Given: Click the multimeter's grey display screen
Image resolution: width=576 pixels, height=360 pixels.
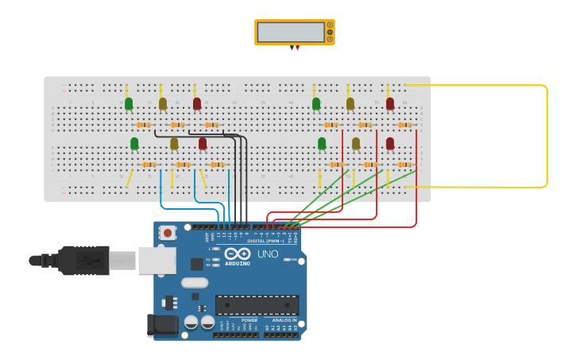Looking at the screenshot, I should click(x=290, y=32).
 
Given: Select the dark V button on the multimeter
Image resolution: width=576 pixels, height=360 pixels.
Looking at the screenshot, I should click(x=330, y=32).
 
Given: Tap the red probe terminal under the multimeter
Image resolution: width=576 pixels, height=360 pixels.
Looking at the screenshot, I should click(x=297, y=48).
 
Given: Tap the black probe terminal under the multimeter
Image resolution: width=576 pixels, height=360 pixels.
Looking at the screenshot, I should click(x=292, y=48).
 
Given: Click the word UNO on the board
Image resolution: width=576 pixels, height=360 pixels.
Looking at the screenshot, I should click(x=268, y=254).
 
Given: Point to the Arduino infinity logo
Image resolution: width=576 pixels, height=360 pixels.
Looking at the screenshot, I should click(x=238, y=254).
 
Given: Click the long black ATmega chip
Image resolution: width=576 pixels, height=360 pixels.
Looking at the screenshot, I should click(x=257, y=305).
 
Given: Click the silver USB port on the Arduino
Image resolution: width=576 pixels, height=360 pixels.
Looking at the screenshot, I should click(x=157, y=260).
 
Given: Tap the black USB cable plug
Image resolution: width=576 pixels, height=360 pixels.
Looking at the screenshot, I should click(x=83, y=260).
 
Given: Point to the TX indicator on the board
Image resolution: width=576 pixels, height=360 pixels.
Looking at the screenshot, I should click(x=215, y=259).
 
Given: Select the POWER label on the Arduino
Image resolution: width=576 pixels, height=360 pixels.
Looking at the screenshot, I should click(x=238, y=320).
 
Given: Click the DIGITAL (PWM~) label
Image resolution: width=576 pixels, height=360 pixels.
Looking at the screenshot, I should click(x=265, y=240).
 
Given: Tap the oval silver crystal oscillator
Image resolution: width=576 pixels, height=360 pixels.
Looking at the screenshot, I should click(x=195, y=282).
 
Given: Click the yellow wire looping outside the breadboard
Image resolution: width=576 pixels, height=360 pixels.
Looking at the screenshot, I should click(x=547, y=135).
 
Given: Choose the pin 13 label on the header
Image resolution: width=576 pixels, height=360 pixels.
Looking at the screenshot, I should click(x=218, y=236).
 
